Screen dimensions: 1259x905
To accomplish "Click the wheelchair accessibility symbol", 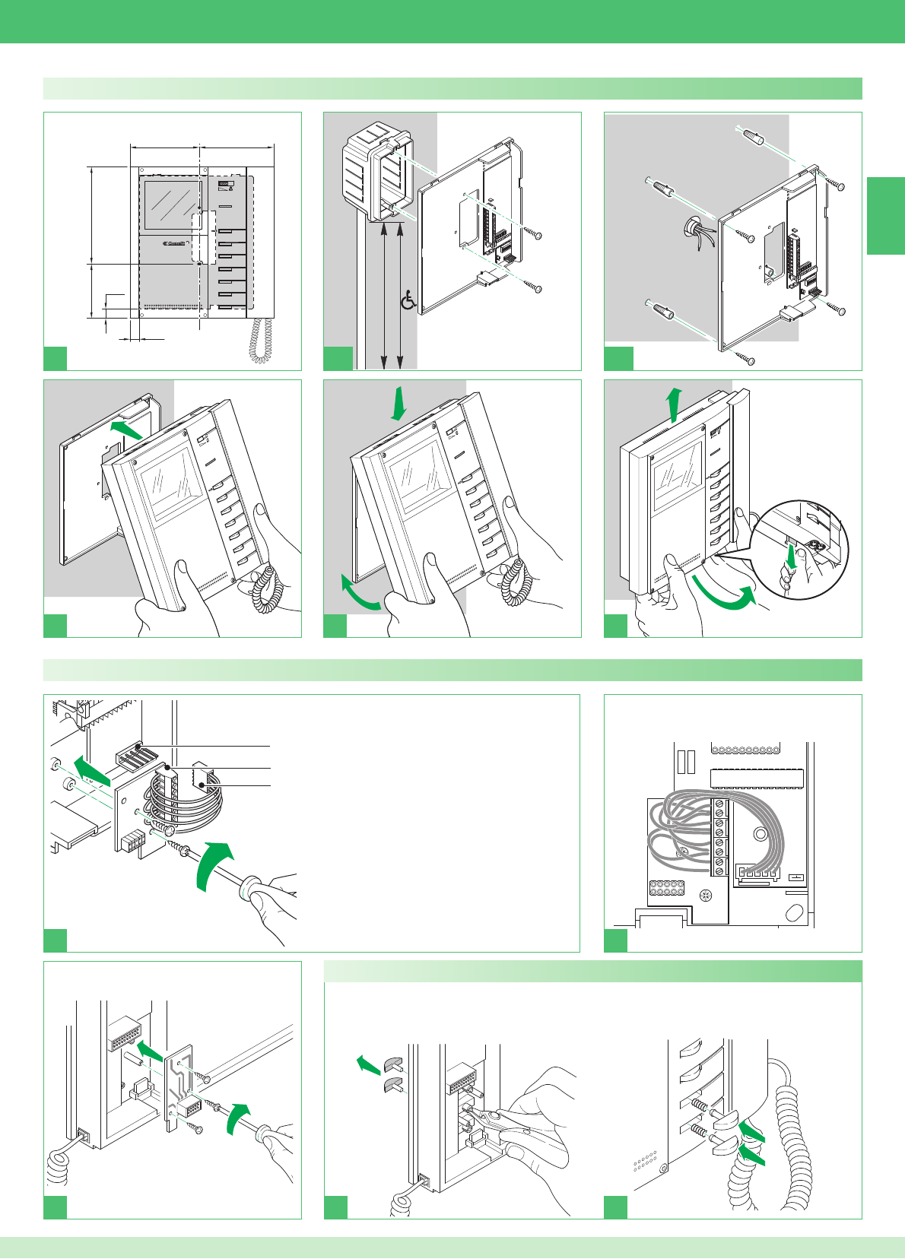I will (408, 301).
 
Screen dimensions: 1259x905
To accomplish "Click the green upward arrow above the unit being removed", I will (673, 403).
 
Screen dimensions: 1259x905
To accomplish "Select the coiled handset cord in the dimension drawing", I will (262, 339).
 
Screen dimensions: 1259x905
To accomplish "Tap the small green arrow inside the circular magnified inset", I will (792, 557).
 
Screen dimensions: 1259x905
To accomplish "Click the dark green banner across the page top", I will (452, 21).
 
